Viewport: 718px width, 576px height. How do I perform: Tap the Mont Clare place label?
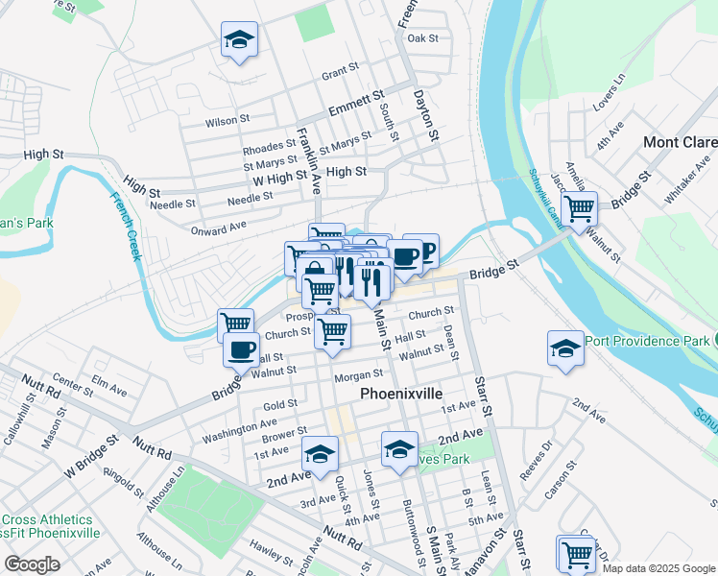click(x=680, y=142)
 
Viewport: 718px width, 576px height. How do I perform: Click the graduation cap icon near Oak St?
click(x=239, y=40)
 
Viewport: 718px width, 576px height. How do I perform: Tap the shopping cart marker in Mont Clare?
click(x=579, y=207)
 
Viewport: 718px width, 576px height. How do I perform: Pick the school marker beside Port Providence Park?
click(x=565, y=350)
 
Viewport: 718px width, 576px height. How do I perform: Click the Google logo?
click(x=32, y=564)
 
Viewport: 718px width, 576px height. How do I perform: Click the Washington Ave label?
click(x=239, y=426)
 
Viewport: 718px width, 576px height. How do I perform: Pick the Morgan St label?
click(x=358, y=375)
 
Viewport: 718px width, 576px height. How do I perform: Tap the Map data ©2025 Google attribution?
click(x=658, y=568)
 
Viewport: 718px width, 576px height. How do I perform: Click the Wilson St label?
click(x=227, y=121)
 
